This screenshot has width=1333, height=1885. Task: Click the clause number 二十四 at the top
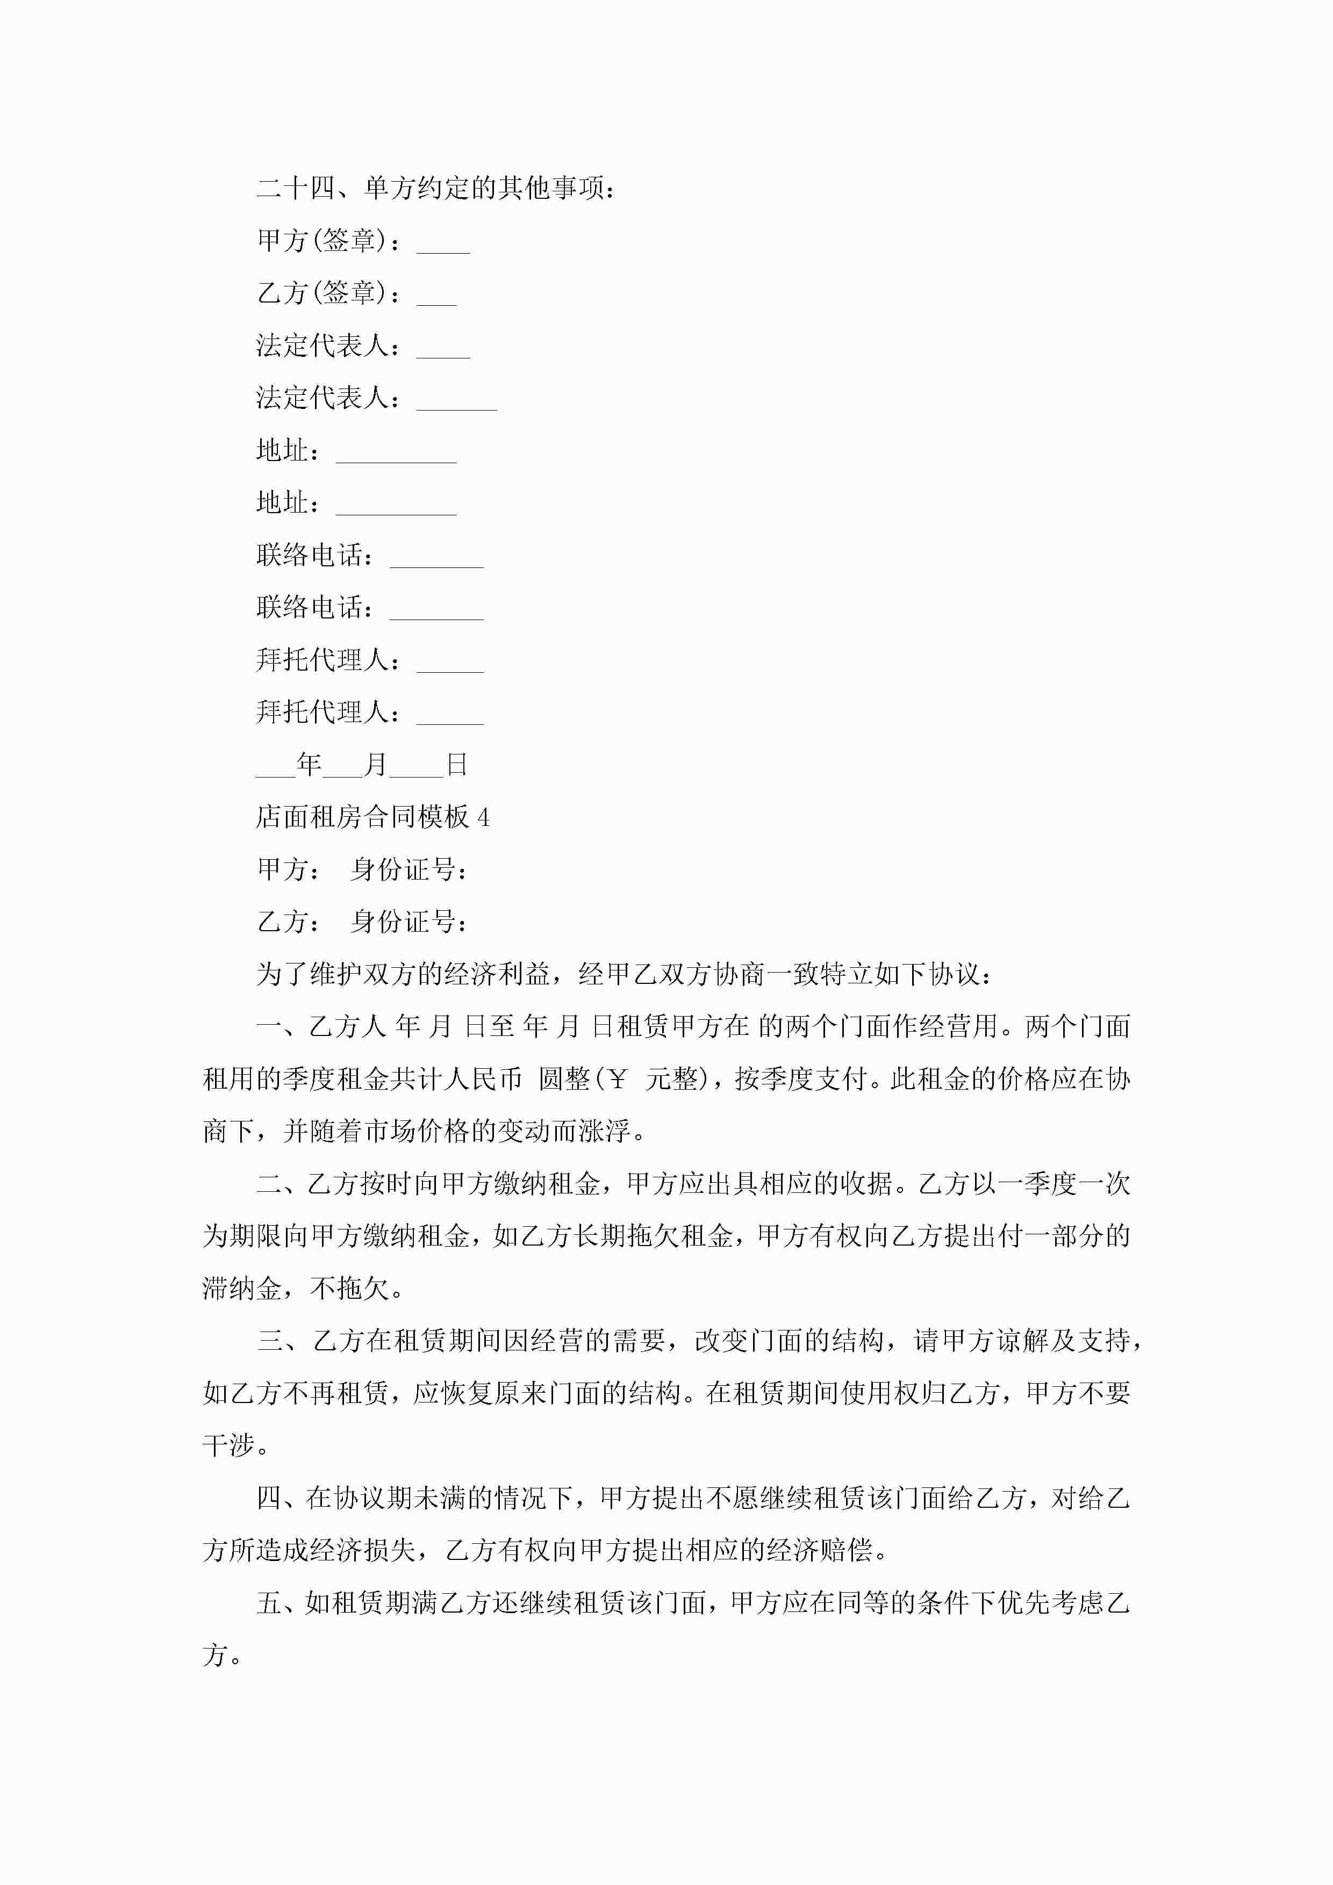click(296, 189)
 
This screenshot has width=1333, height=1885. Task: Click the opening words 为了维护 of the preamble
click(310, 975)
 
